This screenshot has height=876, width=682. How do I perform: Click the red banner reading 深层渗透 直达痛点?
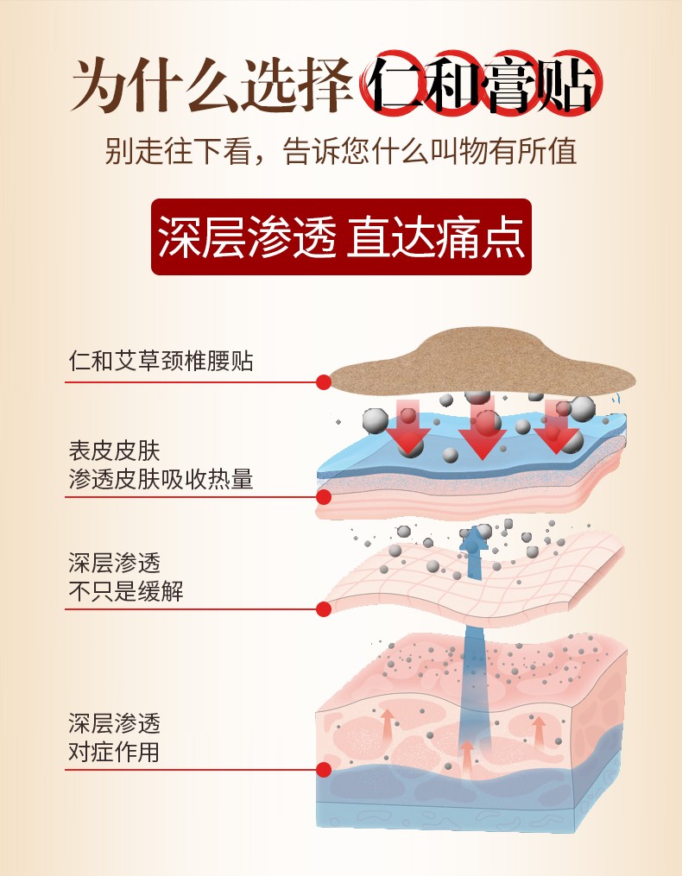[x=341, y=236]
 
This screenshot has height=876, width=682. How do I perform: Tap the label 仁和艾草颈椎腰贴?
[x=161, y=361]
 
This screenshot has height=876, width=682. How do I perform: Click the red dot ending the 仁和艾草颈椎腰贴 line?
[x=324, y=381]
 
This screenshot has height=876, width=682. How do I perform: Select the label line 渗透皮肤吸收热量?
[x=161, y=480]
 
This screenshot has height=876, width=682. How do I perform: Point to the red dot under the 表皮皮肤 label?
[x=324, y=497]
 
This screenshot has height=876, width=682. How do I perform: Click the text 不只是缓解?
[x=126, y=592]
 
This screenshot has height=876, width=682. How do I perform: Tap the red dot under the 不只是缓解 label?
[x=324, y=609]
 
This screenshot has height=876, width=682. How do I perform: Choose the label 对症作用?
[x=114, y=751]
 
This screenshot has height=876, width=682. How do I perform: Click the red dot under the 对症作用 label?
[x=324, y=769]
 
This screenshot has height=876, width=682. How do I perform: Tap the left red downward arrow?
[x=407, y=428]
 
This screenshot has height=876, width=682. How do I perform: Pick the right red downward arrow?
[x=556, y=428]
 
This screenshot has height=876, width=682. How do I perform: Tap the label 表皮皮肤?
[x=114, y=451]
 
